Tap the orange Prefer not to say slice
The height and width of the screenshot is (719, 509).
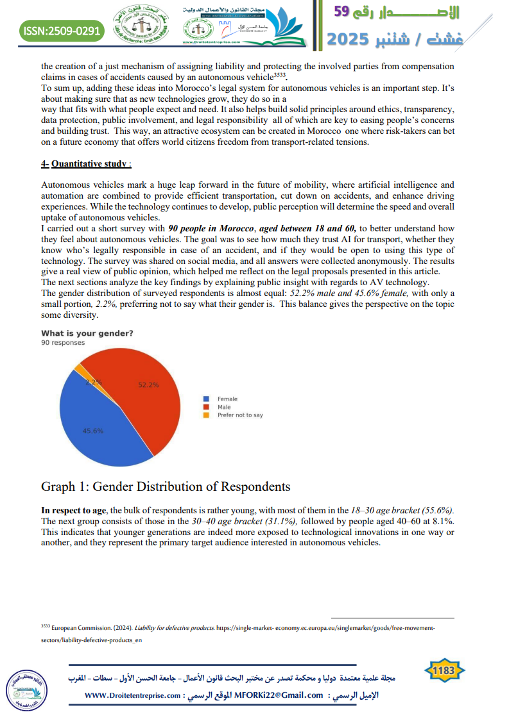click(x=80, y=368)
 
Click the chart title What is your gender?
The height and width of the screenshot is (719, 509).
click(x=87, y=333)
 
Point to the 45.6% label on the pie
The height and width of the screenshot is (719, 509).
click(x=93, y=431)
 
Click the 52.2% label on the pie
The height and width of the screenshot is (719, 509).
click(x=148, y=384)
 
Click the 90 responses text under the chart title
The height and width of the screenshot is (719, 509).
click(x=63, y=343)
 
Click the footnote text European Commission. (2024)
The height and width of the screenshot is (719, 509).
click(x=91, y=629)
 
